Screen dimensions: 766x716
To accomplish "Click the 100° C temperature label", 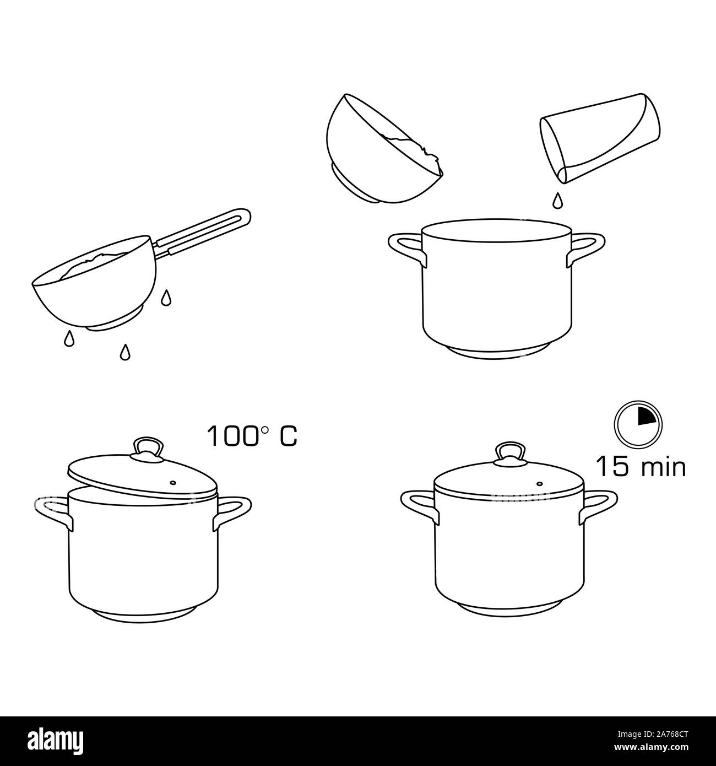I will [252, 435].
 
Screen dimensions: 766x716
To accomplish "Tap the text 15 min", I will [641, 467].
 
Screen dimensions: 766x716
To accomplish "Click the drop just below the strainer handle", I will [165, 298].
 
